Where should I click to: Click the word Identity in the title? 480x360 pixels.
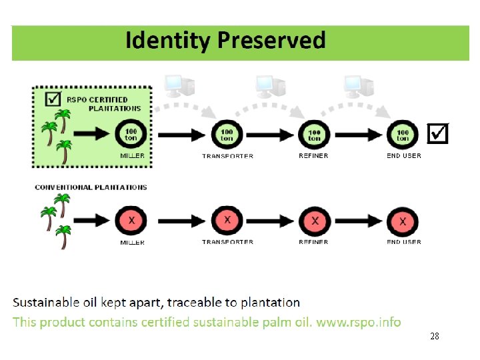[x=168, y=41]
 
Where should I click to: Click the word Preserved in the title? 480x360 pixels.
[x=271, y=40]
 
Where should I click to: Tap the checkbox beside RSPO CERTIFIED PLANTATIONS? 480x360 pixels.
[x=53, y=99]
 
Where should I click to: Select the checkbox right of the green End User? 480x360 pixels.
[x=438, y=133]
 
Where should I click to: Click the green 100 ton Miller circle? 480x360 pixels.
[x=131, y=135]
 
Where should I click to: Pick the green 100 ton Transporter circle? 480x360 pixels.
[x=227, y=135]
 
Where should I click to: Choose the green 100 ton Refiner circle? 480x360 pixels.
[x=315, y=135]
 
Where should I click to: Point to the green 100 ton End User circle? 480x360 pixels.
[x=403, y=135]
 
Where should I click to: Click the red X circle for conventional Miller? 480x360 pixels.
[x=131, y=221]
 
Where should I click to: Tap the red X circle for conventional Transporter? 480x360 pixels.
[x=227, y=221]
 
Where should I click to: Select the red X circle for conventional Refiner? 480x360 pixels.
[x=315, y=221]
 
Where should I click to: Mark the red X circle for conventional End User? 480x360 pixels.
[x=403, y=221]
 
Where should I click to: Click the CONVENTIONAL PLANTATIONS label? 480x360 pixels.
[x=91, y=187]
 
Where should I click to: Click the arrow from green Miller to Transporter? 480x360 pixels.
[x=181, y=135]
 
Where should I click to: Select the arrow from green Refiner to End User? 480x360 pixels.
[x=359, y=135]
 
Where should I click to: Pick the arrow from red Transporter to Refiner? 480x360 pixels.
[x=270, y=221]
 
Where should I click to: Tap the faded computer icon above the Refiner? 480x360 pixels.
[x=271, y=87]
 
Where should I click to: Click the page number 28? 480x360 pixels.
[x=435, y=336]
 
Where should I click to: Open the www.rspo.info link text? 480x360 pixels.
[x=359, y=323]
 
